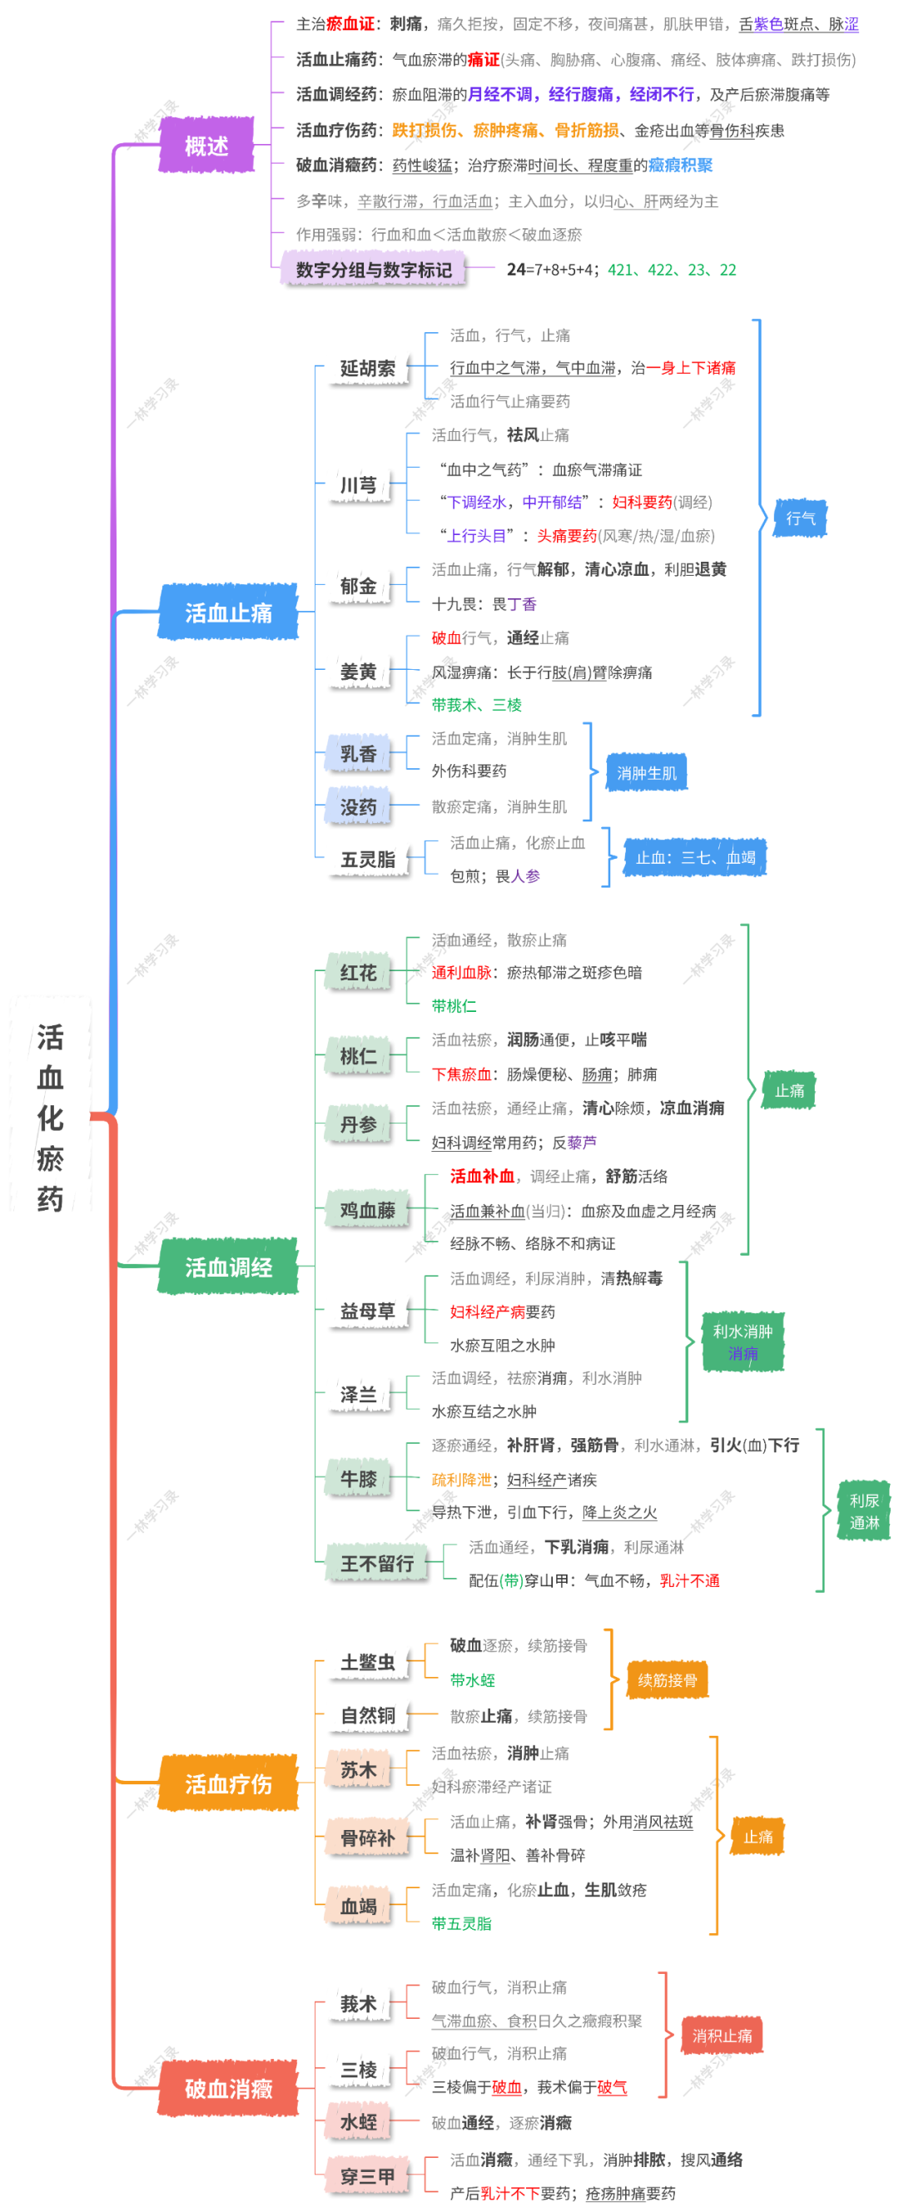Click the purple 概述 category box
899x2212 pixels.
coord(206,146)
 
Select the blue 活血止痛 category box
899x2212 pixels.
coord(228,613)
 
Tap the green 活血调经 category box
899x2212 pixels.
coord(228,1267)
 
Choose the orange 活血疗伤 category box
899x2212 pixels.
coord(228,1783)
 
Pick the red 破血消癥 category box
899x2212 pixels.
coord(228,2088)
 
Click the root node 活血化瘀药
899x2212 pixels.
coord(50,1117)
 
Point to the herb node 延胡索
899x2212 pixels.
coord(367,369)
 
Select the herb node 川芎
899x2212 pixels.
coord(358,485)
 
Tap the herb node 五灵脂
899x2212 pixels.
coord(367,860)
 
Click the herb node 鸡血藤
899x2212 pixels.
coord(367,1210)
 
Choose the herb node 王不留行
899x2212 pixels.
coord(377,1564)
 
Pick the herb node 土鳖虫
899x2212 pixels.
coord(367,1663)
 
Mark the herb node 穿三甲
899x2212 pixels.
coord(367,2176)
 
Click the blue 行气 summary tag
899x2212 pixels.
coord(800,518)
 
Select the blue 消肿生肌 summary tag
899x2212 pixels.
coord(647,773)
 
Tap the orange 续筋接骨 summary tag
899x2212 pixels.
coord(667,1679)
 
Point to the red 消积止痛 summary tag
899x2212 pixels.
coord(723,2035)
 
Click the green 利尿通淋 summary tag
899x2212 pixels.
coord(864,1511)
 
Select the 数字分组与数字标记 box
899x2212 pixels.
coord(374,270)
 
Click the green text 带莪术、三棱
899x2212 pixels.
coord(476,705)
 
